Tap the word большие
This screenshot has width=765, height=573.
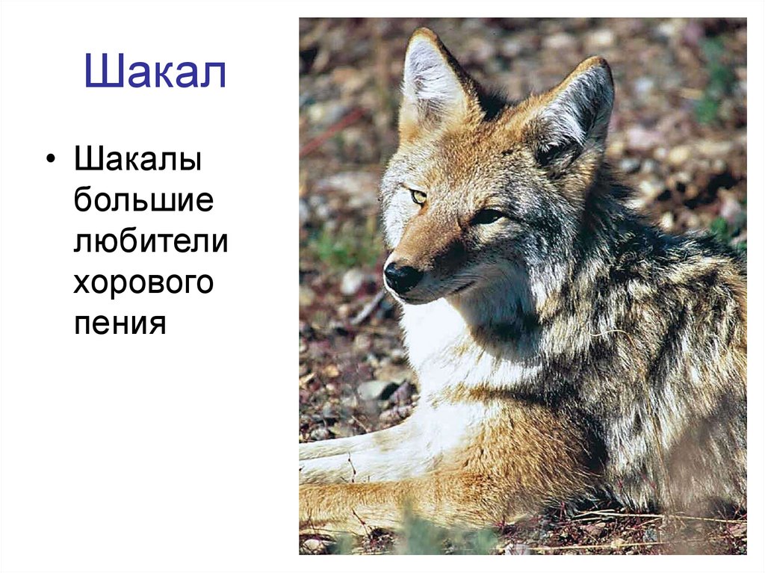coord(143,201)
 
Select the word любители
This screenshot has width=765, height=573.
coord(150,242)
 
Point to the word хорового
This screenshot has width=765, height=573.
coord(143,283)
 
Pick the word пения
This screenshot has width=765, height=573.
coord(119,324)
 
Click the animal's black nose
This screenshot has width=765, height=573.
coord(402,276)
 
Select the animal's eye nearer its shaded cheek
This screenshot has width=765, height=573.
coord(487,217)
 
